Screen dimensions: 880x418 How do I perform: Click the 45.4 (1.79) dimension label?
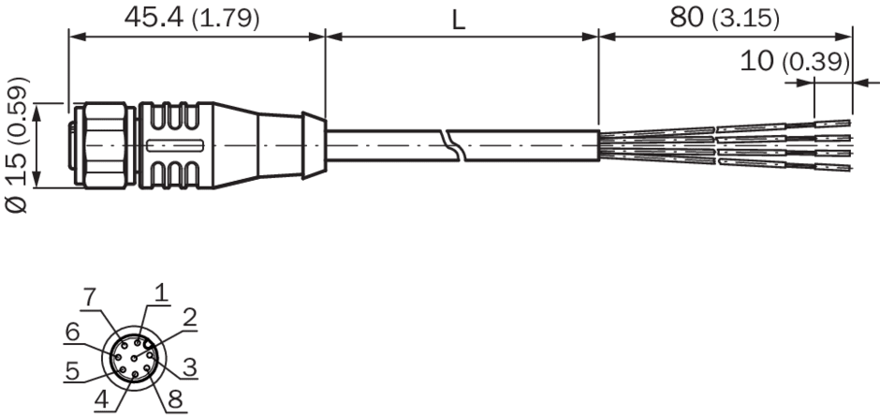tap(192, 19)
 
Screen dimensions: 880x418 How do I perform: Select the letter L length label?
tap(459, 22)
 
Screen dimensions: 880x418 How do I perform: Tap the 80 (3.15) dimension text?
tap(725, 19)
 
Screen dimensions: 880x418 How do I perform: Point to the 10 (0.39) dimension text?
tap(795, 61)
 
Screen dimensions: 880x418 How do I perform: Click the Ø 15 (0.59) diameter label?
tap(17, 145)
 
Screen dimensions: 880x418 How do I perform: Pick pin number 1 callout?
tap(161, 292)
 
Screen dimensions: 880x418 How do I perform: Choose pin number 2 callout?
tap(191, 318)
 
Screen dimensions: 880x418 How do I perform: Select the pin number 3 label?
tap(190, 367)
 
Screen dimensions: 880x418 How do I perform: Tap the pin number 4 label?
tap(102, 399)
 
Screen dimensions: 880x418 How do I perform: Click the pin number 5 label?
tap(72, 371)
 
